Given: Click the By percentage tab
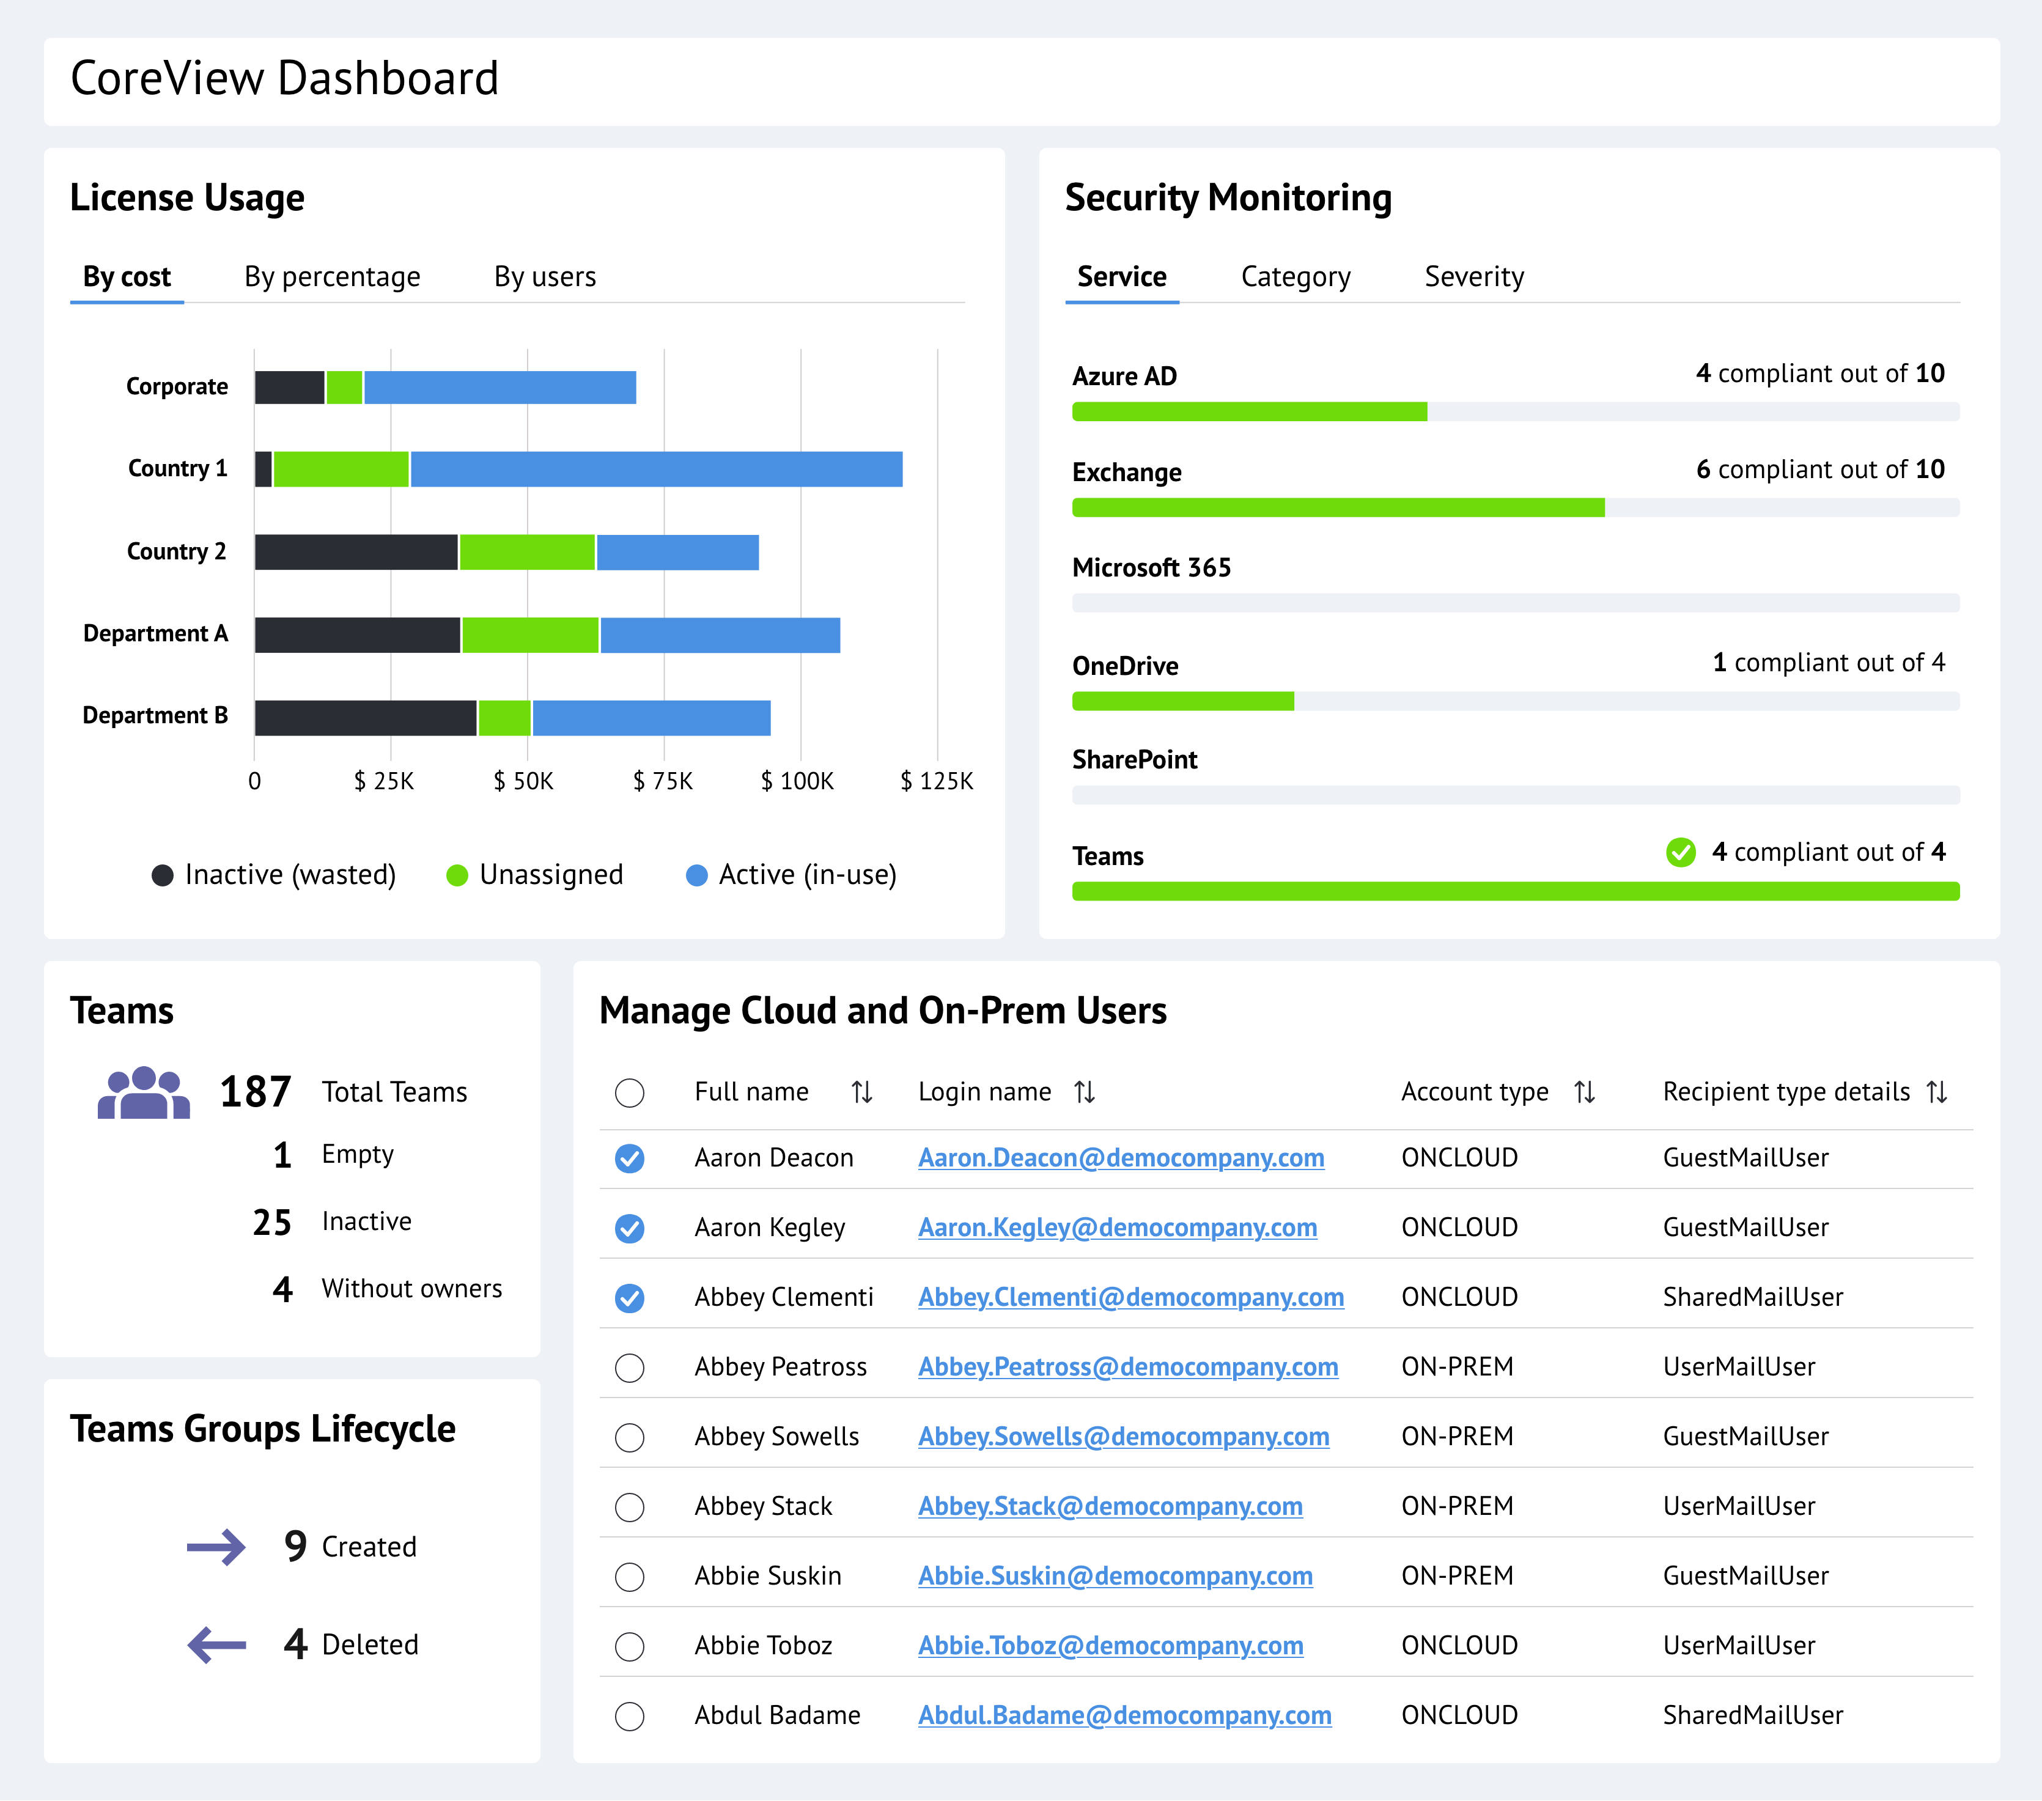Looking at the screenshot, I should (x=332, y=277).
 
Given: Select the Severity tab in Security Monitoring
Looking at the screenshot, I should (x=1473, y=277).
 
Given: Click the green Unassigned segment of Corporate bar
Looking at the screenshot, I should (x=345, y=388).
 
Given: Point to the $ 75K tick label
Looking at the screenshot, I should (x=662, y=781).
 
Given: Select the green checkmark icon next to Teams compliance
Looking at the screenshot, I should (x=1680, y=852).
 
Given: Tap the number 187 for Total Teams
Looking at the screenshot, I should (x=256, y=1092).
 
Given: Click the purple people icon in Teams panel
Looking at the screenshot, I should (x=144, y=1093).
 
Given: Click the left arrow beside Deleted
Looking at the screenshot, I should (x=217, y=1644).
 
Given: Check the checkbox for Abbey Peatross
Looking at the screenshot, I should (x=629, y=1368).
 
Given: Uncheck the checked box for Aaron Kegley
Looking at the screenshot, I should (x=629, y=1228).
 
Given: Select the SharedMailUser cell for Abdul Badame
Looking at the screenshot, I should (x=1752, y=1715).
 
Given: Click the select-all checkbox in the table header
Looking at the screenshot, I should (x=629, y=1093).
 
